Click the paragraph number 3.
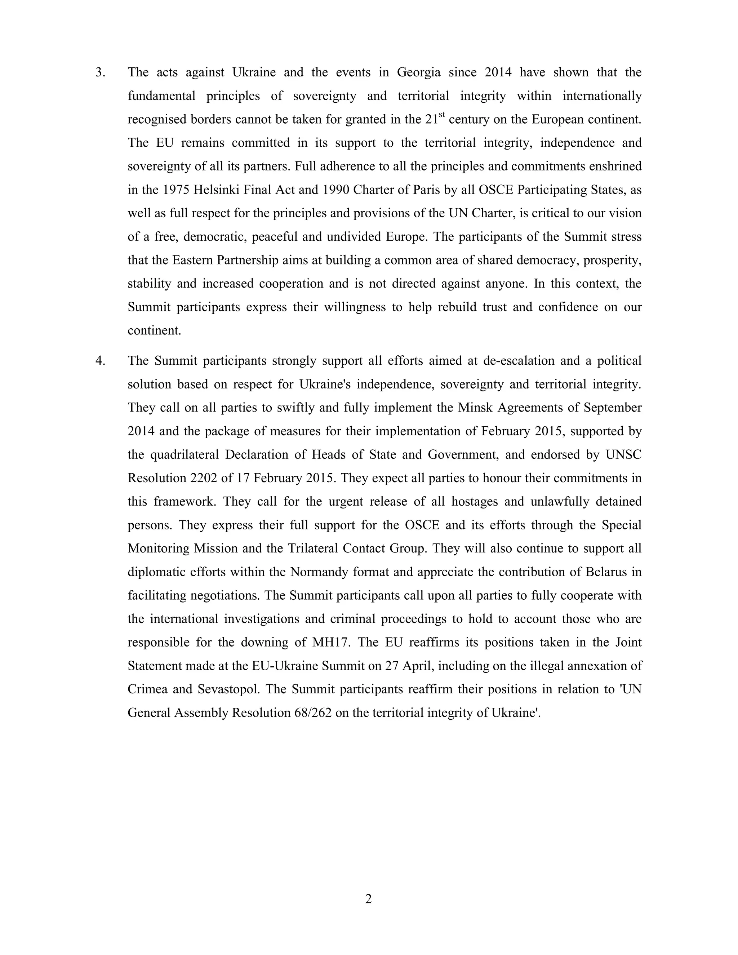coord(100,72)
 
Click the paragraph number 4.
coord(100,361)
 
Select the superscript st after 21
coord(442,115)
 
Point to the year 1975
coord(176,190)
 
